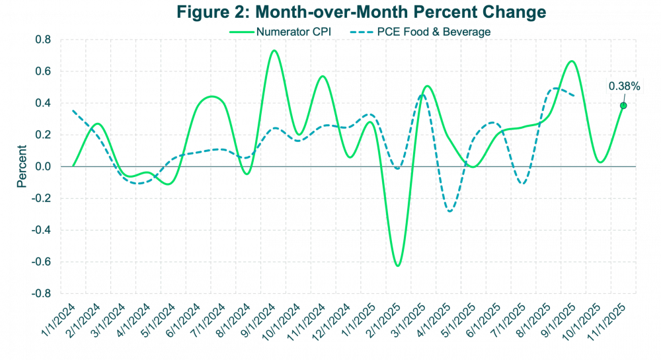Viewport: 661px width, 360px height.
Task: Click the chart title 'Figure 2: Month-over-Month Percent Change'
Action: click(362, 12)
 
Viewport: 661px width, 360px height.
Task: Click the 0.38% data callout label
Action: click(623, 85)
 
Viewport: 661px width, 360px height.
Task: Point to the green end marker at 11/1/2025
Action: click(623, 105)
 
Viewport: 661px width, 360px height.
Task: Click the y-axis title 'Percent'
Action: click(22, 166)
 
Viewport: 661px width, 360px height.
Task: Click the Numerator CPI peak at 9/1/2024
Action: click(275, 50)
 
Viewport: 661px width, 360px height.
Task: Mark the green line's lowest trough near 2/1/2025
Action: click(397, 266)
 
